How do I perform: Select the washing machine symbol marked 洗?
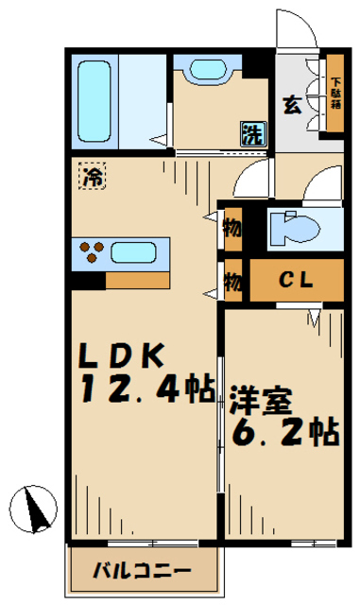coord(253,133)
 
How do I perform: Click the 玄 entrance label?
coord(292,105)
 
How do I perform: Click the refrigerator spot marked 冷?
coord(92,177)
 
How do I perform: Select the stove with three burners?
coord(92,252)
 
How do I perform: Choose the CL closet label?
coord(296,281)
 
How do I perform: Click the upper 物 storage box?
coord(231,229)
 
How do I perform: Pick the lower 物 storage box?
coord(231,281)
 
